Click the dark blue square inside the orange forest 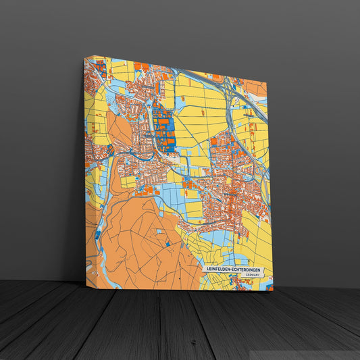(x=98, y=234)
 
